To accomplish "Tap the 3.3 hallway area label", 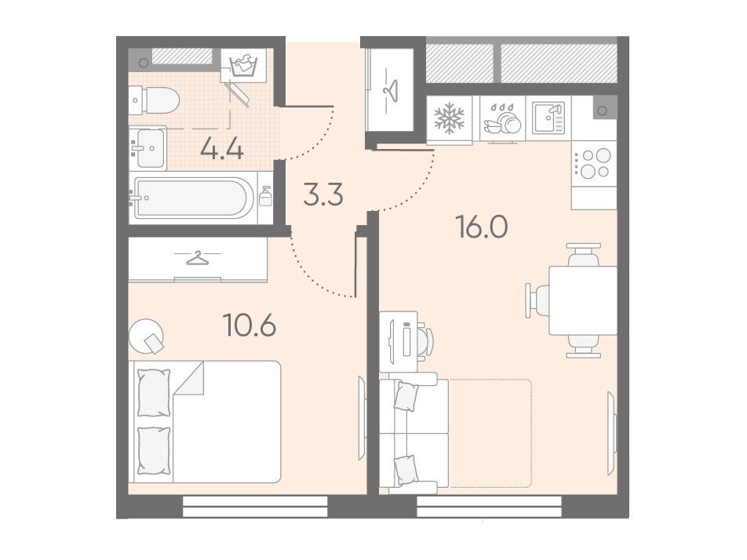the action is (x=323, y=195).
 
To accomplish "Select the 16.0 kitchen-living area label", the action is (x=482, y=227).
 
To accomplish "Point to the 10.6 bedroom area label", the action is (x=250, y=326).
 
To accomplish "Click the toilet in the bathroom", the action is (x=154, y=100).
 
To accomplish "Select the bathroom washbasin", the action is (x=148, y=148).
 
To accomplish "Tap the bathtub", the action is (x=193, y=198).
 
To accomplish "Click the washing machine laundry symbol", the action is (x=243, y=66).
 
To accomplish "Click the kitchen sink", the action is (x=548, y=118).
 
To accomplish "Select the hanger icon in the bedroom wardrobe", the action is (x=197, y=257).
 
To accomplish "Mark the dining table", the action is (x=583, y=300).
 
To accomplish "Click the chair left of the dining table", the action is (x=537, y=300).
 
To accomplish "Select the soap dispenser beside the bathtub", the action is (x=265, y=196).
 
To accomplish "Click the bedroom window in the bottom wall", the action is (x=255, y=506).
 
